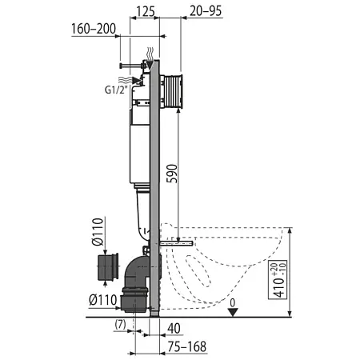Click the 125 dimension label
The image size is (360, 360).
point(146,11)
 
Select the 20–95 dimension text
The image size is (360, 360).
point(206,11)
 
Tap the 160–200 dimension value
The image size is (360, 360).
point(94,29)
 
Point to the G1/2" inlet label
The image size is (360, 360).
point(115,90)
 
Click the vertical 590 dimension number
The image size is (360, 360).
point(172,174)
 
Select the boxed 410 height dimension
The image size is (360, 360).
point(278,279)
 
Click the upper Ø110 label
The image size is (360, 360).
point(97,231)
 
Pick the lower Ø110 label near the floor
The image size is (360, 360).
point(103,300)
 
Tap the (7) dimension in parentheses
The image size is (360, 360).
point(120,325)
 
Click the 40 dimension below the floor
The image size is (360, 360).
point(174,329)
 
